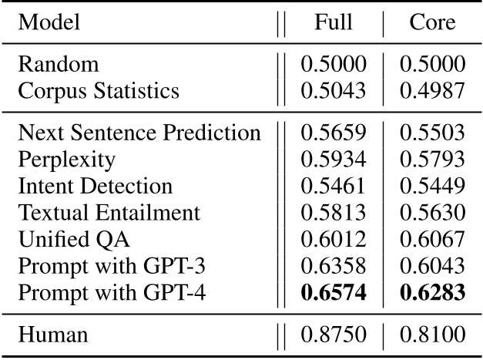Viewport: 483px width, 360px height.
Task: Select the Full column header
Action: pyautogui.click(x=333, y=22)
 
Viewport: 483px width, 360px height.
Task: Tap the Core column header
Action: pyautogui.click(x=432, y=22)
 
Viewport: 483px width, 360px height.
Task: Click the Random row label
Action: pyautogui.click(x=49, y=64)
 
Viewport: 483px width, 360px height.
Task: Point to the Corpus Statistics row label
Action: pyautogui.click(x=99, y=91)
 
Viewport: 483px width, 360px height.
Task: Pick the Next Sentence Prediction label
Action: pyautogui.click(x=139, y=133)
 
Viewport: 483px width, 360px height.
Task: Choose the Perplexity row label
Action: pyautogui.click(x=67, y=160)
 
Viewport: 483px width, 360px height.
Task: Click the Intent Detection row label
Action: pyautogui.click(x=96, y=187)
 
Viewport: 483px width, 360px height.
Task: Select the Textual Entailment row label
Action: pyautogui.click(x=109, y=213)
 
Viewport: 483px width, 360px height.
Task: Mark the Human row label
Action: pyautogui.click(x=52, y=335)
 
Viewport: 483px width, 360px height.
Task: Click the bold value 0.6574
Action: pyautogui.click(x=333, y=294)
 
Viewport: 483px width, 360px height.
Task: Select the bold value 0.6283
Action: pyautogui.click(x=432, y=294)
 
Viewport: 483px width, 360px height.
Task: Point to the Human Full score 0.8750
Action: pyautogui.click(x=333, y=335)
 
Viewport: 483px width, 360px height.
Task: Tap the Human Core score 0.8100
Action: pyautogui.click(x=432, y=335)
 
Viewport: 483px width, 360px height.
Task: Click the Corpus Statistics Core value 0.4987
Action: pyautogui.click(x=432, y=91)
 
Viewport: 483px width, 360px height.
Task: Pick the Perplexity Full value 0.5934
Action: pyautogui.click(x=333, y=160)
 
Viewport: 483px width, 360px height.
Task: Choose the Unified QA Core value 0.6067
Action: pyautogui.click(x=432, y=240)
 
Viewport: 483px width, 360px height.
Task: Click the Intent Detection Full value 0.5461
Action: pyautogui.click(x=333, y=187)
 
